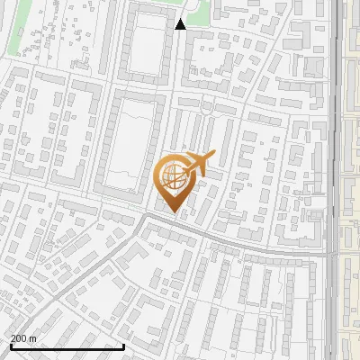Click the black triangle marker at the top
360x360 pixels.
[x=180, y=24]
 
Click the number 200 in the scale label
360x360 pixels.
[x=19, y=337]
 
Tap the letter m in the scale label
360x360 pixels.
[x=32, y=337]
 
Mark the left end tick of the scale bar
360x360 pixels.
[x=11, y=345]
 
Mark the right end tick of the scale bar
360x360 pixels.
[x=123, y=345]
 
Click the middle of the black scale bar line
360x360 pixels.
[x=67, y=346]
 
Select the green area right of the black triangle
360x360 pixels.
[x=200, y=11]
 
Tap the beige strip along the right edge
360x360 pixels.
[x=352, y=180]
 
